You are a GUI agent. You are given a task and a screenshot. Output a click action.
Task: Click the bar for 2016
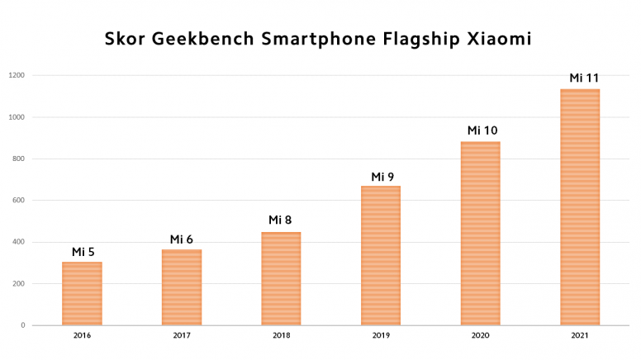coord(82,293)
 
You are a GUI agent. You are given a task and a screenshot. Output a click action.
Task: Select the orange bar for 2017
coord(182,287)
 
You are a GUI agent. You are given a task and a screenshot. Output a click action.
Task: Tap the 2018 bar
coord(281,278)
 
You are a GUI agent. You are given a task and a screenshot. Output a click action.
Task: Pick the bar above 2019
coord(381,255)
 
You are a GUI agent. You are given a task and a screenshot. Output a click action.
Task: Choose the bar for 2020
coord(480,234)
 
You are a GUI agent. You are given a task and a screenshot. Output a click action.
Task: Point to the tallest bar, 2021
coord(580,206)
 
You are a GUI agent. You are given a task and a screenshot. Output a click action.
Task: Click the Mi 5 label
coord(83,252)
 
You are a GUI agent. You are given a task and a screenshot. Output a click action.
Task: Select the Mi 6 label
coord(182,239)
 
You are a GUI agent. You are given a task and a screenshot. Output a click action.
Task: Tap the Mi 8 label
coord(281,220)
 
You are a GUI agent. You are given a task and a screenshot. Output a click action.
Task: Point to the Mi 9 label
coord(382,177)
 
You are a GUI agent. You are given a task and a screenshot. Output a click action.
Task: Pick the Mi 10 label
coord(482,130)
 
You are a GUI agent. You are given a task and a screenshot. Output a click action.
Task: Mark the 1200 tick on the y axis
coord(17,75)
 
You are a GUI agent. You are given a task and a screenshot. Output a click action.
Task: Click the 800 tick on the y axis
coord(18,159)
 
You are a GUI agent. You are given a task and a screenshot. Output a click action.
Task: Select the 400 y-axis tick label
coord(18,242)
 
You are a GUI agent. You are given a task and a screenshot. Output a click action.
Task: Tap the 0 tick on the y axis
coord(23,325)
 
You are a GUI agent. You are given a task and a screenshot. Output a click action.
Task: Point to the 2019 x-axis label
coord(381,336)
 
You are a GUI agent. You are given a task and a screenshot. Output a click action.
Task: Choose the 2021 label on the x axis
coord(580,336)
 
